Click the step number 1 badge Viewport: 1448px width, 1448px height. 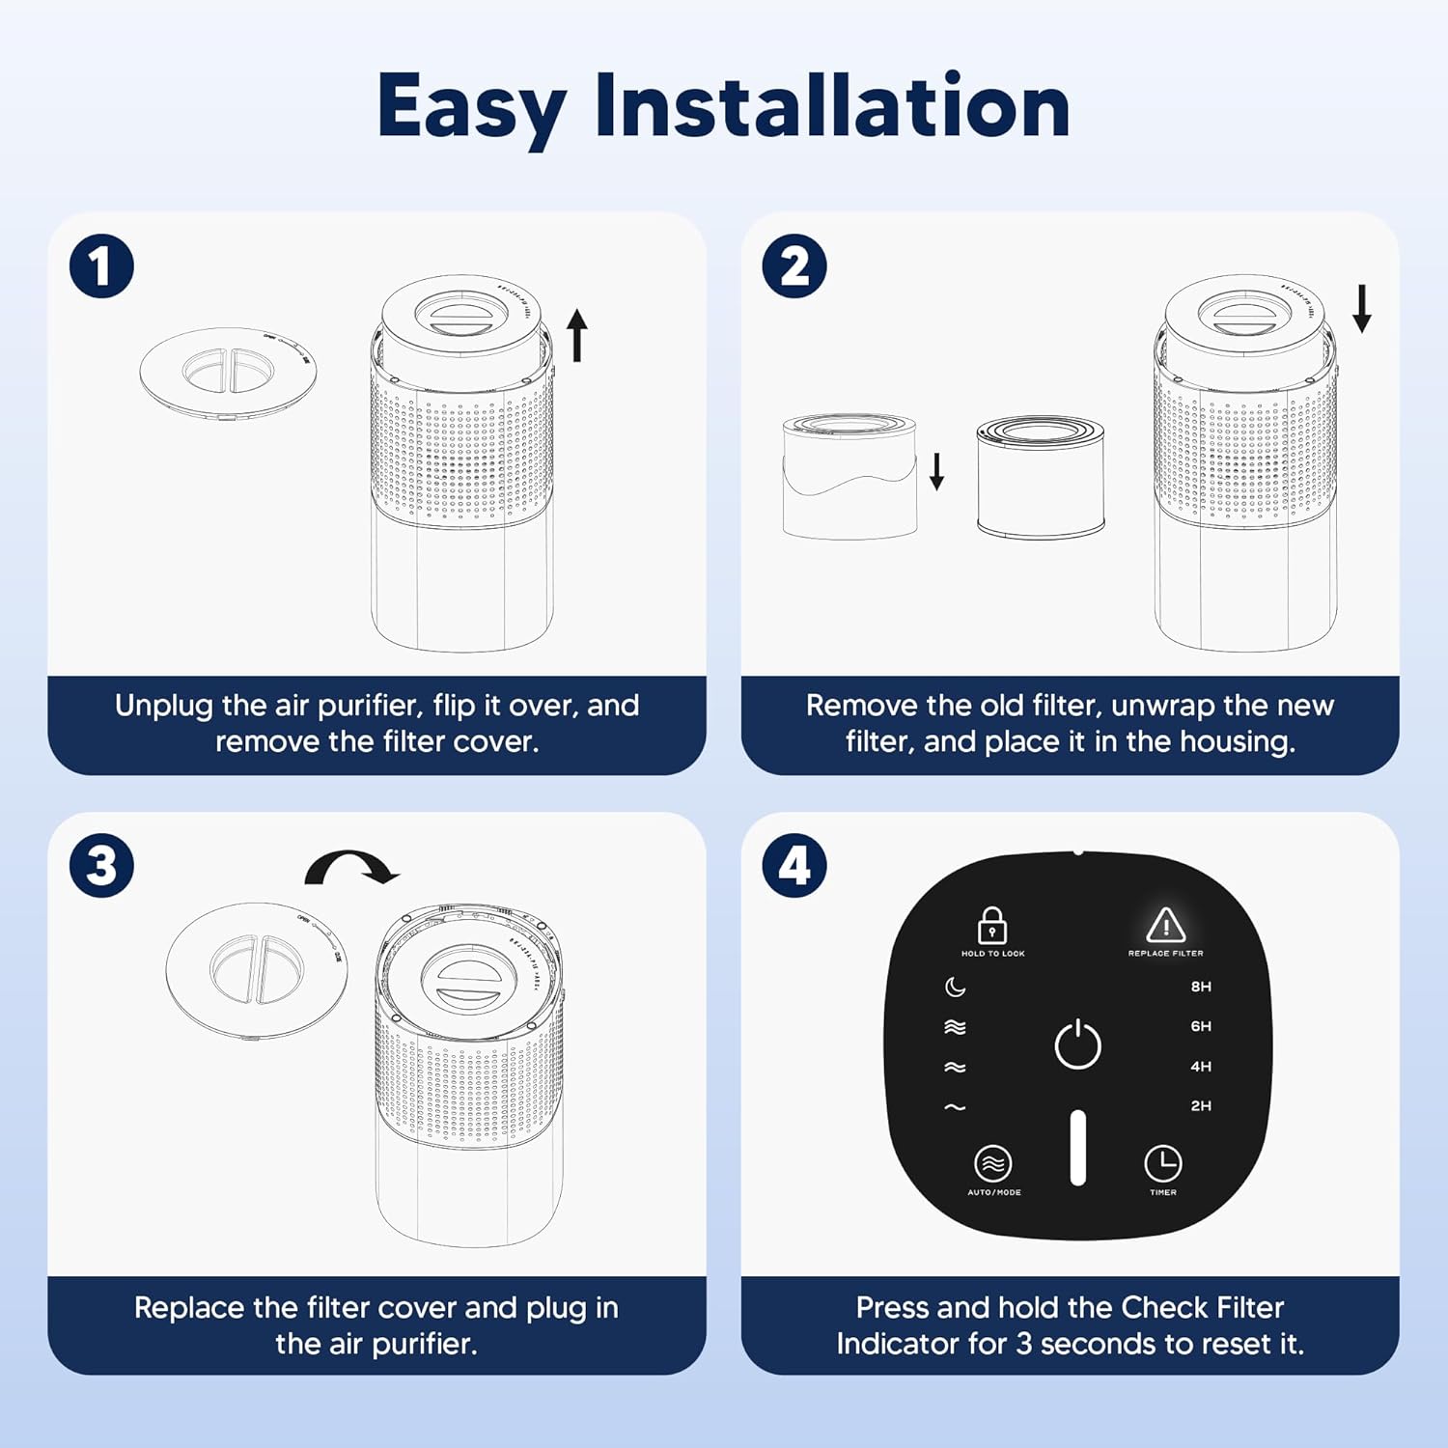(101, 266)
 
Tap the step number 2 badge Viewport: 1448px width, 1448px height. (794, 266)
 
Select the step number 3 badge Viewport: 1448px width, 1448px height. (101, 866)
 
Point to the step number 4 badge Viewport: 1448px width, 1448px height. (794, 866)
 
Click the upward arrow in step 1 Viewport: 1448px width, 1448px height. (576, 335)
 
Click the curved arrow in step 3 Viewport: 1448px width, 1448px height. (352, 866)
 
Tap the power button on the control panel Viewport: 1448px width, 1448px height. (1077, 1044)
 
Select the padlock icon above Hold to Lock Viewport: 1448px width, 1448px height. (991, 925)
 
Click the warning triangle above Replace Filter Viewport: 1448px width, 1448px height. (1165, 925)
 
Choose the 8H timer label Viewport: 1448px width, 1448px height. (1200, 987)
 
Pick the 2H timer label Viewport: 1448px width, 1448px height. (1200, 1106)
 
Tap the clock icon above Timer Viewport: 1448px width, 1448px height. (1162, 1163)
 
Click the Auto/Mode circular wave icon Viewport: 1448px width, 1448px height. (992, 1163)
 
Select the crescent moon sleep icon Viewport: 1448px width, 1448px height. (955, 987)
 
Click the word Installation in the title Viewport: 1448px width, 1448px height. (832, 106)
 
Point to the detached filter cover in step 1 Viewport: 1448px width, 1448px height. (229, 374)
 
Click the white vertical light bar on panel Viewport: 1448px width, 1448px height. (1077, 1148)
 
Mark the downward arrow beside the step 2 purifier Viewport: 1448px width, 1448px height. (1361, 308)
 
